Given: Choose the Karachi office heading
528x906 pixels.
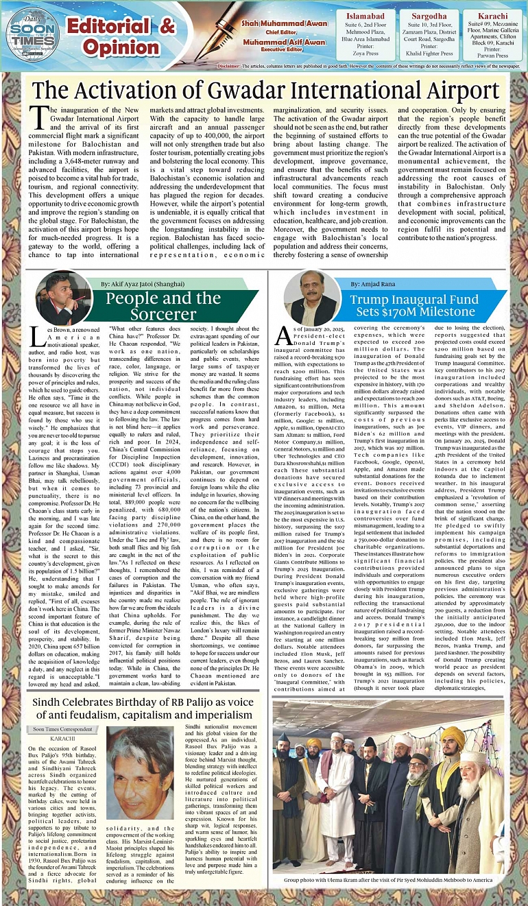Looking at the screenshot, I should tap(494, 15).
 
